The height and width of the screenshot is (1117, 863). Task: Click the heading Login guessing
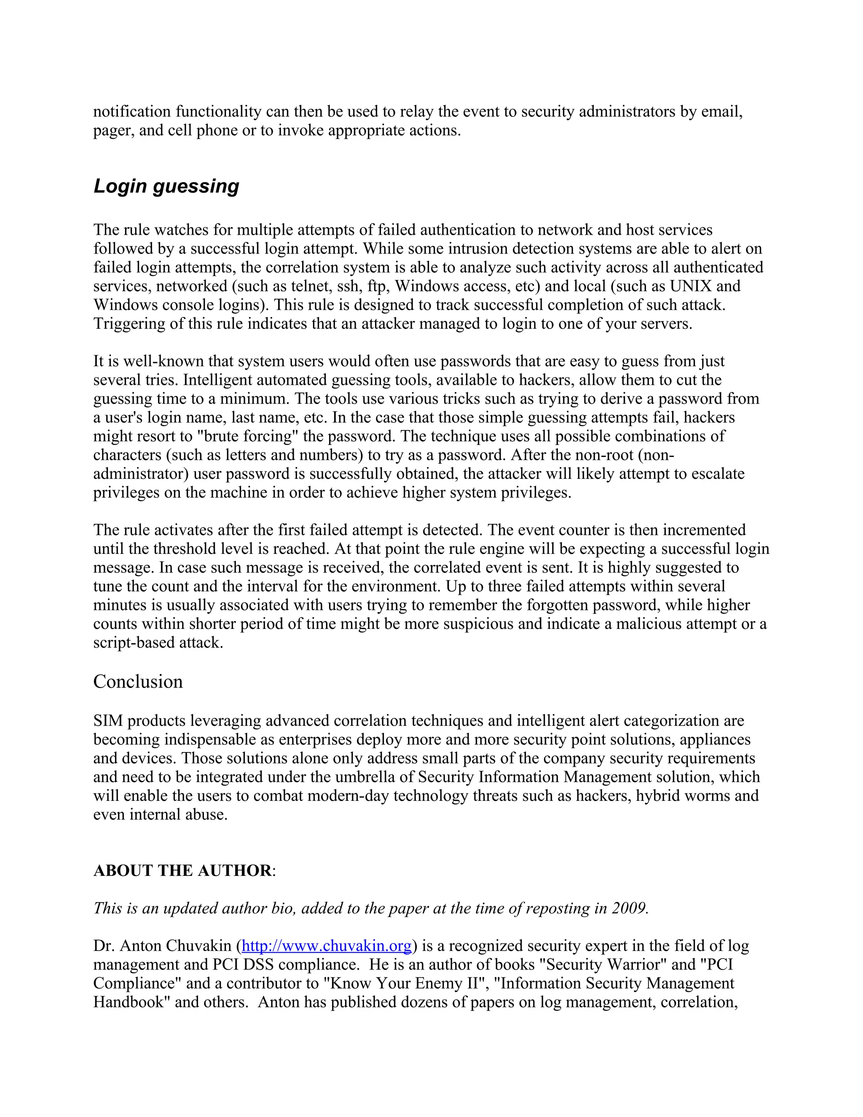[x=166, y=186]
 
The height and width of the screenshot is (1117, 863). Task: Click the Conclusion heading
[x=138, y=682]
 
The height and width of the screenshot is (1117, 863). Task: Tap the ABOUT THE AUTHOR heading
[x=183, y=870]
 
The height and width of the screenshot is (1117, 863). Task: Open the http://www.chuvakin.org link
[x=326, y=946]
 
